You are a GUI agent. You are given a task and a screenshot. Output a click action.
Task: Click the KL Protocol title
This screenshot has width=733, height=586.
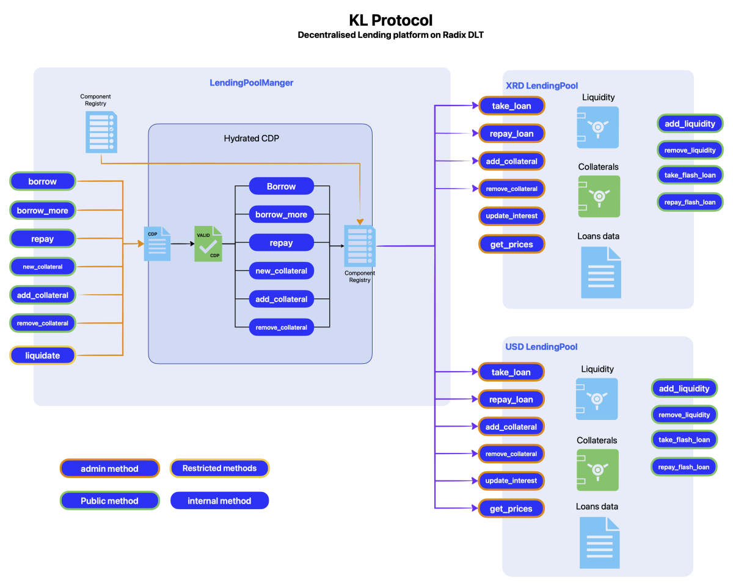[x=391, y=20]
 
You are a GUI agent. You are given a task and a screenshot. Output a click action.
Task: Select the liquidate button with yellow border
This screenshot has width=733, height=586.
[x=43, y=355]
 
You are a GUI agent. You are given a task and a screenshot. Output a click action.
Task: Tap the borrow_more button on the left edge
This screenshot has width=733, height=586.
[x=43, y=211]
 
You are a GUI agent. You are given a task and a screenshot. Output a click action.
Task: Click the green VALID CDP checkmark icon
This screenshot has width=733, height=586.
[x=208, y=244]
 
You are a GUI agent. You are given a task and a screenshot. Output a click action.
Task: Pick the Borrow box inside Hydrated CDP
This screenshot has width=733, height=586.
[x=281, y=186]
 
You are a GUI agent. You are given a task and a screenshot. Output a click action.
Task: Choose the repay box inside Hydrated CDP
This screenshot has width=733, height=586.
[x=281, y=243]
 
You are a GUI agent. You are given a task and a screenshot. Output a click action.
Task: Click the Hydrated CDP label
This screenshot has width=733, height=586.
[x=252, y=139]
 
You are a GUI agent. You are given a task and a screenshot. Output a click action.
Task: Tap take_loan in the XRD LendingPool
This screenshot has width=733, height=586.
[x=511, y=106]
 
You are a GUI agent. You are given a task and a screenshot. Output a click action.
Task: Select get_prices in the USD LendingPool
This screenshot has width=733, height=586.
[x=511, y=508]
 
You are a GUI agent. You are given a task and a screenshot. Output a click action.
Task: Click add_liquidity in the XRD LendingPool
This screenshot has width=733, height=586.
[x=690, y=124]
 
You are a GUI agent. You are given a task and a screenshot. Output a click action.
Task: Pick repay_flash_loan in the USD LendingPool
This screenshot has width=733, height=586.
[x=684, y=467]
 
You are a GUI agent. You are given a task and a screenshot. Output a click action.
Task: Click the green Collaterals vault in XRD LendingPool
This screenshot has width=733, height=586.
[x=599, y=197]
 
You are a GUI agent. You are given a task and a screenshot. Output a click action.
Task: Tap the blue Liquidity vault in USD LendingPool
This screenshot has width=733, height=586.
[x=597, y=399]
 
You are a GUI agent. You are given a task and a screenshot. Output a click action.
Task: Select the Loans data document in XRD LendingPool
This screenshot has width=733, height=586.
[x=600, y=272]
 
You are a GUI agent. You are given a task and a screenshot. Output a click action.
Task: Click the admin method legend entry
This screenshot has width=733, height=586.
[x=109, y=469]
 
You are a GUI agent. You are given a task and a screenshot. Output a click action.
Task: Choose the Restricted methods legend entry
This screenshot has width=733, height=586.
[x=219, y=468]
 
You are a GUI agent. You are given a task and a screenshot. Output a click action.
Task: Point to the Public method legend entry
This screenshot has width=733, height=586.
[x=109, y=501]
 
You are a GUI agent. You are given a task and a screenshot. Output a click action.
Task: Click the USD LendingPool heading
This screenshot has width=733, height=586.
[x=541, y=347]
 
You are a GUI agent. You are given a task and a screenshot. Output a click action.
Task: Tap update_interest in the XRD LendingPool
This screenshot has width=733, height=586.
[x=511, y=217]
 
